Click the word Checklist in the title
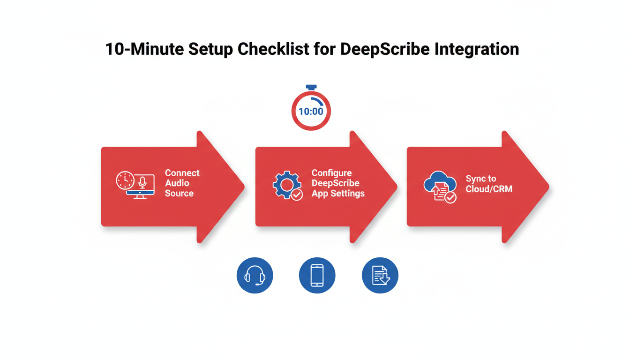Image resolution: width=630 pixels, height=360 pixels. pyautogui.click(x=272, y=49)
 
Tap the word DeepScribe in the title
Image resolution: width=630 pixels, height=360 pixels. pyautogui.click(x=392, y=49)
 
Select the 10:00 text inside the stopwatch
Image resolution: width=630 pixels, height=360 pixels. pyautogui.click(x=311, y=112)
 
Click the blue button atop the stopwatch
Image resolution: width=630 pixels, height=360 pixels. pyautogui.click(x=311, y=88)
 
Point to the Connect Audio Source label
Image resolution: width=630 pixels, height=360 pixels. pyautogui.click(x=182, y=183)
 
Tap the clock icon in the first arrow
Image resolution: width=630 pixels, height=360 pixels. pyautogui.click(x=125, y=180)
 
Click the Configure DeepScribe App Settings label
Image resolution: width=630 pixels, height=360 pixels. pyautogui.click(x=337, y=183)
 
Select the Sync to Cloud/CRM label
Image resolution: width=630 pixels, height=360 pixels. pyautogui.click(x=489, y=184)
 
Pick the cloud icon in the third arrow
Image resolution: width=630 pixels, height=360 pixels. pyautogui.click(x=439, y=182)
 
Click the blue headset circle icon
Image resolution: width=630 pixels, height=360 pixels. pyautogui.click(x=255, y=275)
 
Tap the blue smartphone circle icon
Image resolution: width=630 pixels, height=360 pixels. pyautogui.click(x=317, y=275)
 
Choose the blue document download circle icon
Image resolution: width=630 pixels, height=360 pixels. pyautogui.click(x=380, y=275)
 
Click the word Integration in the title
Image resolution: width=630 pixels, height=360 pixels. pyautogui.click(x=482, y=49)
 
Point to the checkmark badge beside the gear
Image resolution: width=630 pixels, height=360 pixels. pyautogui.click(x=297, y=195)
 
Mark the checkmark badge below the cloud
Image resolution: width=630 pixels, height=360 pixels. pyautogui.click(x=450, y=197)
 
